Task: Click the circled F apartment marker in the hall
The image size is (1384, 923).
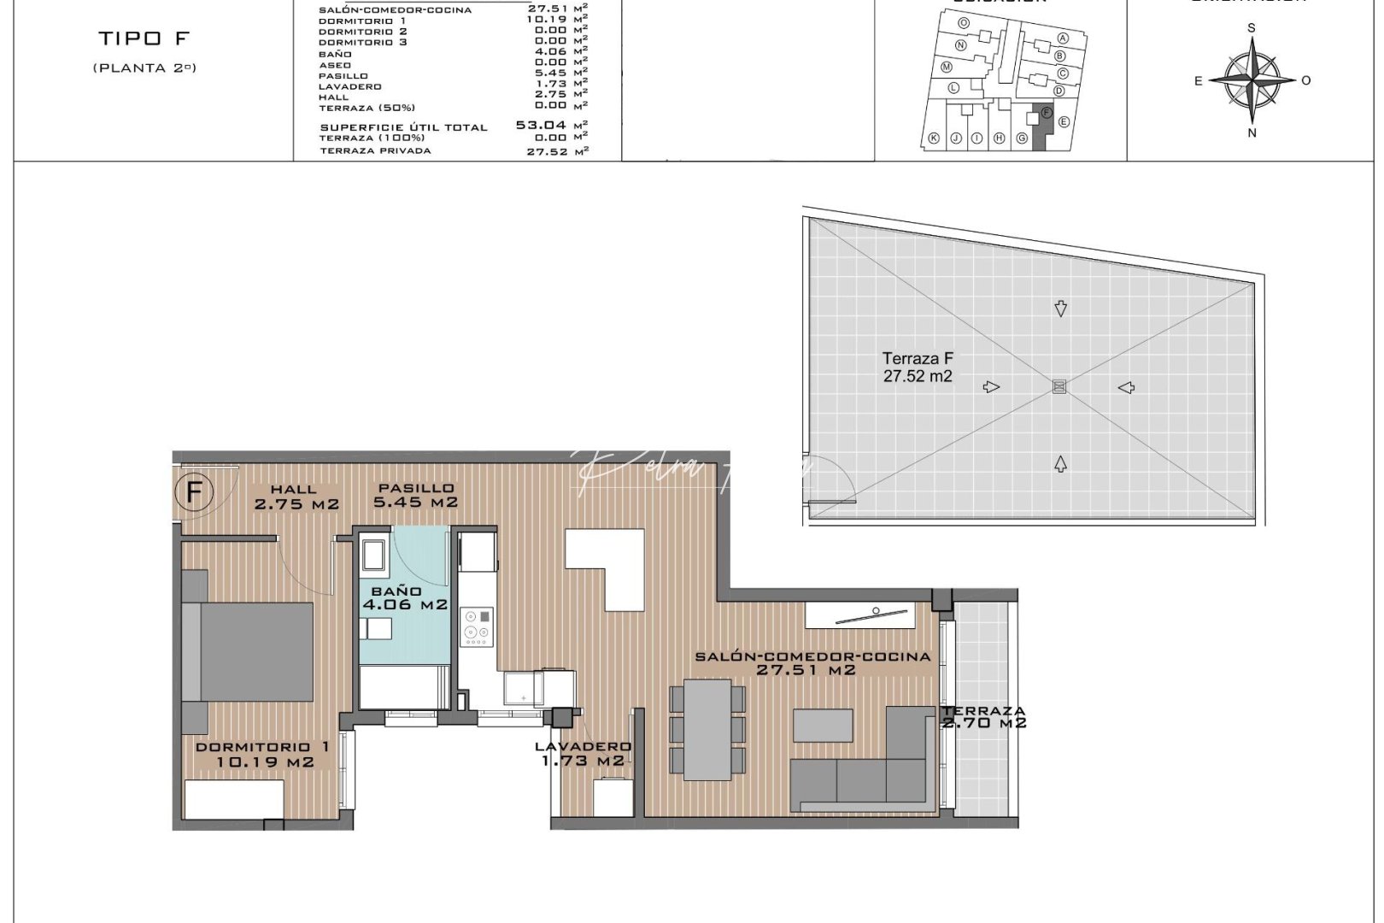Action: [x=194, y=493]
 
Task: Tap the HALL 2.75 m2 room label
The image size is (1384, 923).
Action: [x=296, y=497]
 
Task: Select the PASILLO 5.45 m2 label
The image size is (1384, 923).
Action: [x=416, y=496]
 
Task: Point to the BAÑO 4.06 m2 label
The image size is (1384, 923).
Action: [x=404, y=598]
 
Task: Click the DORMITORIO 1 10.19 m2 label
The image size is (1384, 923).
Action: [x=263, y=754]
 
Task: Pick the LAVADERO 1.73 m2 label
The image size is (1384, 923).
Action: [x=583, y=754]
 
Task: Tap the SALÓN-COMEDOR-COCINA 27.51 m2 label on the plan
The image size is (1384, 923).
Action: [x=812, y=663]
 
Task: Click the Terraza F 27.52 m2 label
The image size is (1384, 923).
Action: [x=918, y=367]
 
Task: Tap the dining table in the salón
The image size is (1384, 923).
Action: [x=707, y=729]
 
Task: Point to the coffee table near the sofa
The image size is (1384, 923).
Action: [x=823, y=726]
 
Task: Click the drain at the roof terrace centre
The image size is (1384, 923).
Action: [x=1059, y=387]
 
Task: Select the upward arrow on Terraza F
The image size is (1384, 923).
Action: [x=1060, y=464]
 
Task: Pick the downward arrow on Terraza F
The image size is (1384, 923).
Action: [x=1060, y=309]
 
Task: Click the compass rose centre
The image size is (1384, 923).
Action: [x=1252, y=80]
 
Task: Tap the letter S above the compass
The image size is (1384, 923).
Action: [x=1252, y=28]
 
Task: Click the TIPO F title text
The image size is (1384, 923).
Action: [x=144, y=38]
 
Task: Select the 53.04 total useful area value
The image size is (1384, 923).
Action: [x=540, y=125]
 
